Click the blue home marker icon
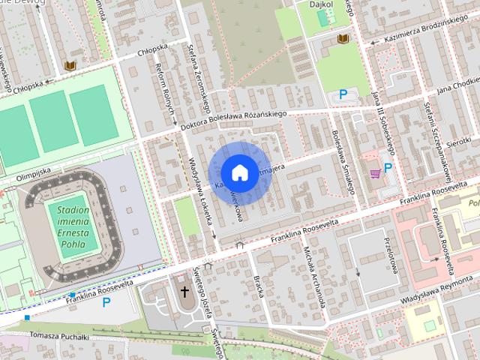238,172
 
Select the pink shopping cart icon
374,173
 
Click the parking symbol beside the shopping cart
388,168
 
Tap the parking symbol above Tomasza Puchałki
106,302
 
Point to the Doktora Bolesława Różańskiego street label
235,121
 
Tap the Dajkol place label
322,4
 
